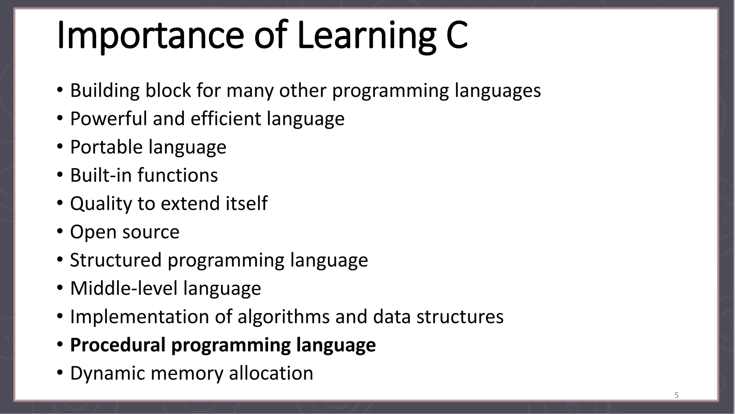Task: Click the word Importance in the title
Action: pos(150,35)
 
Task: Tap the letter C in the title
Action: pos(457,35)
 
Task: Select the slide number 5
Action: pos(677,395)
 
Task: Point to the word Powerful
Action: pos(108,119)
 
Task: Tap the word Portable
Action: pos(106,147)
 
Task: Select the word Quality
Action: pos(101,203)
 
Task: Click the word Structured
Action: pos(116,260)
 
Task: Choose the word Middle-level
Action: pos(123,288)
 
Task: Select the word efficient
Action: pos(226,119)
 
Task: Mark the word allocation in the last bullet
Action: pos(271,373)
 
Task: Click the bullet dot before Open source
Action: pos(60,232)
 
